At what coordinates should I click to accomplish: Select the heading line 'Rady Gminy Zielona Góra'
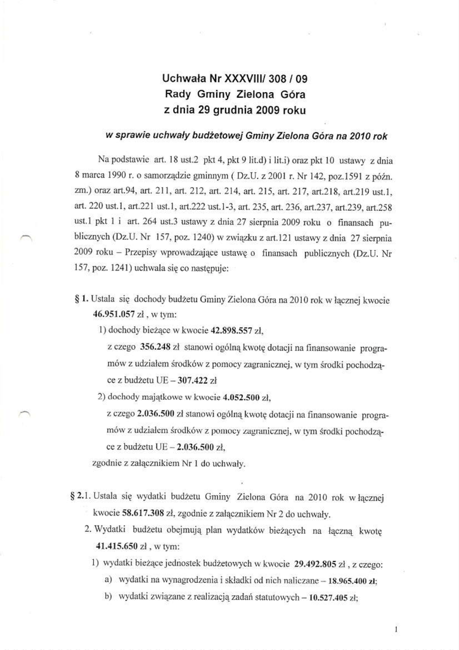(235, 95)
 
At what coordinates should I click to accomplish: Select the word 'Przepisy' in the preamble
(140, 250)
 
